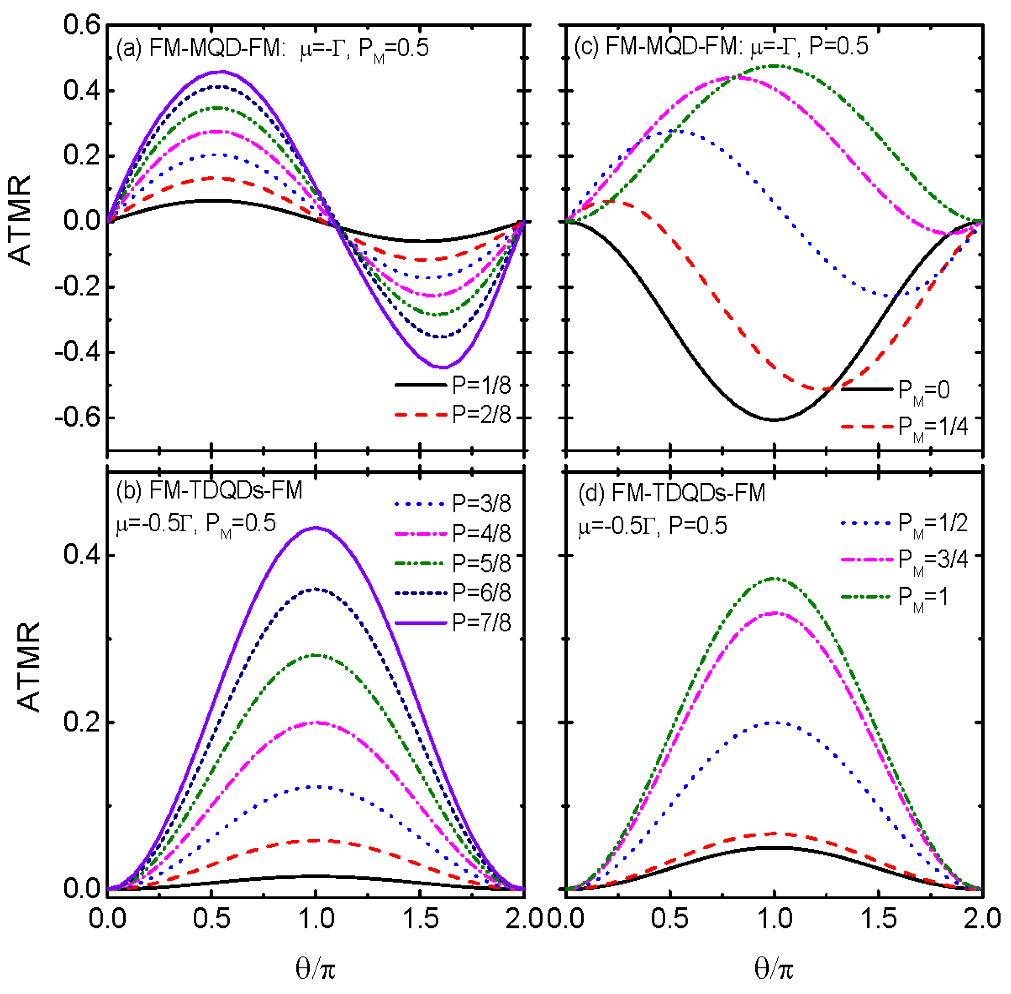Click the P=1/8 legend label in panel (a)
pyautogui.click(x=481, y=385)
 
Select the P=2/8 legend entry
pyautogui.click(x=481, y=415)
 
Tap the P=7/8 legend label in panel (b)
pyautogui.click(x=481, y=622)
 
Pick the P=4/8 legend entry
pyautogui.click(x=481, y=533)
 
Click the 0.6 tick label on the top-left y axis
pyautogui.click(x=81, y=25)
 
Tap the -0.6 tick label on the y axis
pyautogui.click(x=77, y=418)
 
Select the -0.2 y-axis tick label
pyautogui.click(x=77, y=287)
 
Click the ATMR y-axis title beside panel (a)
pyautogui.click(x=21, y=221)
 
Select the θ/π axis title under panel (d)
pyautogui.click(x=773, y=969)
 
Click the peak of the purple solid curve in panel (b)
pyautogui.click(x=316, y=528)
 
